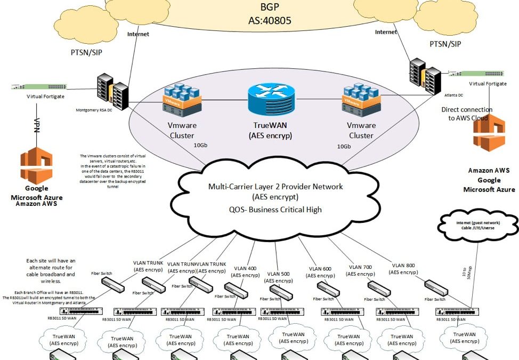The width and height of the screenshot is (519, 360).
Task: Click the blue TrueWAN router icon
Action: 270,100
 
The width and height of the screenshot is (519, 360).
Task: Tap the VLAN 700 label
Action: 360,270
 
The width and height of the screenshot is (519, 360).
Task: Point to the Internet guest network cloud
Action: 479,222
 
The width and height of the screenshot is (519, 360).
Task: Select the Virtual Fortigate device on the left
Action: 37,86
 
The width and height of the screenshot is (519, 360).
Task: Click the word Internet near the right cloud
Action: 386,31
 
